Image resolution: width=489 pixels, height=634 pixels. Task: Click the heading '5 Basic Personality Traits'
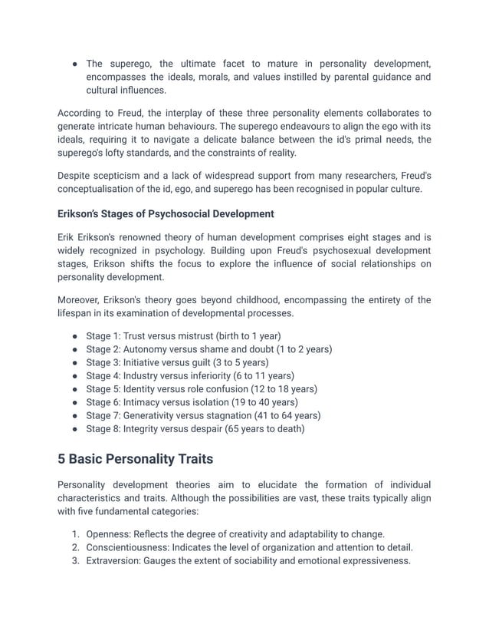click(x=135, y=459)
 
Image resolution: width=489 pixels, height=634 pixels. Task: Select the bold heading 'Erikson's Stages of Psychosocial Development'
click(x=166, y=213)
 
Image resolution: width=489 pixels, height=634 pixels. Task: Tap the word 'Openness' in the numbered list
click(x=107, y=534)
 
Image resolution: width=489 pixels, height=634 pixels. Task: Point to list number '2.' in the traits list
click(x=76, y=547)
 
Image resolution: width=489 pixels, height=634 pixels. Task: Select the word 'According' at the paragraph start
click(x=80, y=114)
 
